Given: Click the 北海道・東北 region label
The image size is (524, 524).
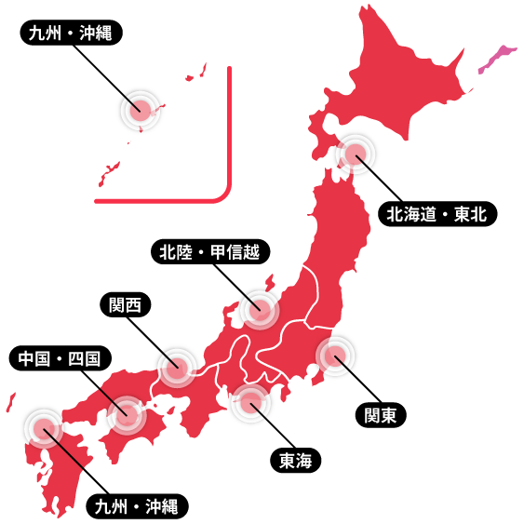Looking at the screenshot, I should click(x=437, y=215).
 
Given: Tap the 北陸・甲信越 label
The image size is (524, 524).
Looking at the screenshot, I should click(x=209, y=251).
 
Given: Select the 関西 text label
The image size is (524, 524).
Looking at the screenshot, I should click(x=125, y=305).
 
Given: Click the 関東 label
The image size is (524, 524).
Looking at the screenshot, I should click(x=380, y=415).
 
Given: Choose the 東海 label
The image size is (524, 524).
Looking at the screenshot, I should click(x=295, y=461).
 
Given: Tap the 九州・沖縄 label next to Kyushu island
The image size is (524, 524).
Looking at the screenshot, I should click(x=136, y=507).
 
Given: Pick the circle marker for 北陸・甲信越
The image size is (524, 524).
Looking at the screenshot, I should click(x=259, y=309).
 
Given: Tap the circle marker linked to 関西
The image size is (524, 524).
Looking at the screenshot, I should click(x=176, y=367).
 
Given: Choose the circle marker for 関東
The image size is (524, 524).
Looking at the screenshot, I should click(x=335, y=356).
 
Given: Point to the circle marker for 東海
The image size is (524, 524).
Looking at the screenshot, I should click(x=250, y=403).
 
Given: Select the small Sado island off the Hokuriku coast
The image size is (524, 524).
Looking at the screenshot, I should click(x=269, y=281).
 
